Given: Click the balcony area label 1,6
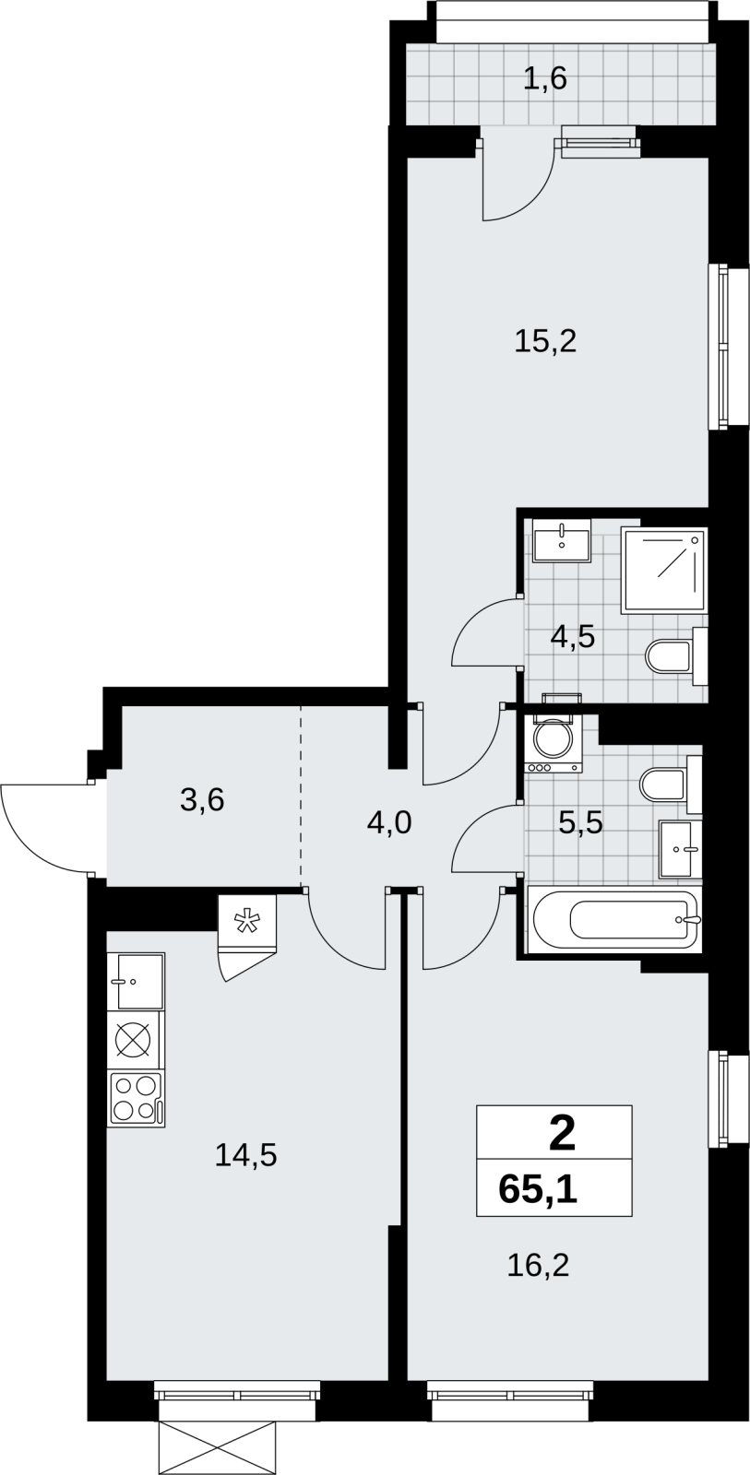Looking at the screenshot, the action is [x=545, y=79].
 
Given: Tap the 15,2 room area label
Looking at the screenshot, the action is [x=545, y=342].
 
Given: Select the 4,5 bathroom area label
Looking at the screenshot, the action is [x=573, y=637].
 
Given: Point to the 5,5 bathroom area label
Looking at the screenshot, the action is [x=580, y=822].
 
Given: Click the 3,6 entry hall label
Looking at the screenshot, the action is [x=202, y=801].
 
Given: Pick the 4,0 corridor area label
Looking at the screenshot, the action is [x=389, y=822].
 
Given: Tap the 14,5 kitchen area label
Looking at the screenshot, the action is [x=245, y=1156].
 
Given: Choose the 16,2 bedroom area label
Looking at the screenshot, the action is [x=538, y=1266].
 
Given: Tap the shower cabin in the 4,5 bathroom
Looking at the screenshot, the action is [x=664, y=571].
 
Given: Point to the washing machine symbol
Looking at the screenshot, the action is [x=554, y=743].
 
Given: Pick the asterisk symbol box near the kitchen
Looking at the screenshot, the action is [x=247, y=922].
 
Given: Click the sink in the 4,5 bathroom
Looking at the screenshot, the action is [x=562, y=540].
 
